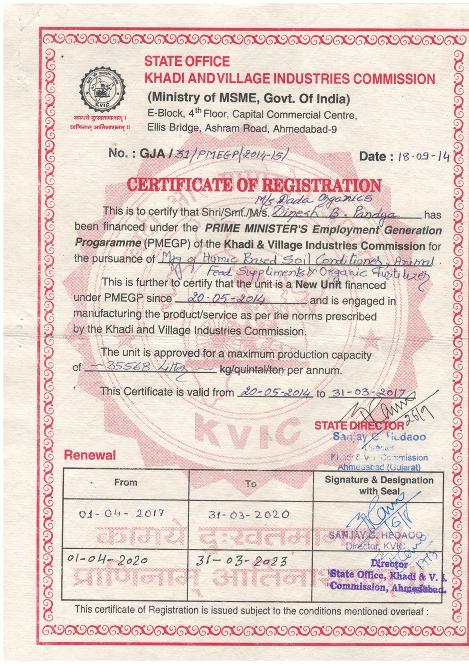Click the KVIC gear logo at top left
tap(102, 90)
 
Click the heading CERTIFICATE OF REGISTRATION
tap(254, 185)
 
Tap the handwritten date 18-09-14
tap(424, 156)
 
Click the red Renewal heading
tap(89, 455)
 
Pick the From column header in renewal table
tap(125, 482)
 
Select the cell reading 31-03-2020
tap(249, 514)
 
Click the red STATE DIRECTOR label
tap(359, 426)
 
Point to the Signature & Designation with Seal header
tap(379, 485)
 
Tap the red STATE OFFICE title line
tap(187, 61)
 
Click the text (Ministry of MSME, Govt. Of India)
tap(248, 97)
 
